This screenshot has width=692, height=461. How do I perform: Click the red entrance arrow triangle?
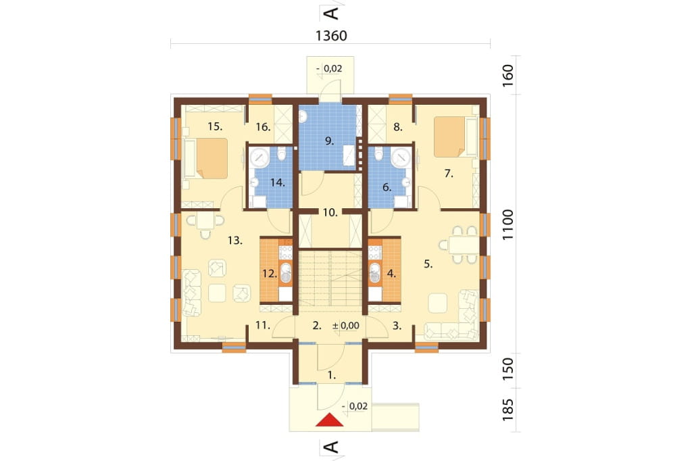[x=329, y=420]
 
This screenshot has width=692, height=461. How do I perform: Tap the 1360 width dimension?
[x=331, y=36]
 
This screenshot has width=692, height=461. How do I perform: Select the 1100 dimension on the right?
[x=508, y=225]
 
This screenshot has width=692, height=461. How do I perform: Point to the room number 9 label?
[x=329, y=141]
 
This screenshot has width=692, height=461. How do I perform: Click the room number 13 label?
[x=235, y=241]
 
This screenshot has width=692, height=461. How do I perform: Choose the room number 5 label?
[x=428, y=264]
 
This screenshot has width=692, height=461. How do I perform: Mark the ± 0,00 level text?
[x=346, y=326]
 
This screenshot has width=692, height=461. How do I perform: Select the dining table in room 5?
[x=464, y=245]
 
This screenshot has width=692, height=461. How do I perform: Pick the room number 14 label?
[x=278, y=183]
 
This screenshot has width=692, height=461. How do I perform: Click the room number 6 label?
[x=387, y=187]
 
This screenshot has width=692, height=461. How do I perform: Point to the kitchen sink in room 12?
[x=286, y=272]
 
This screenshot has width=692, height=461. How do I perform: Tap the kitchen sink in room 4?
[x=374, y=272]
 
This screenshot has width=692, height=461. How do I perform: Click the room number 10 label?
[x=330, y=213]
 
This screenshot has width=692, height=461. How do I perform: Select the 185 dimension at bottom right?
[x=508, y=410]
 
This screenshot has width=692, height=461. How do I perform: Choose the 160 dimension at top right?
[x=508, y=75]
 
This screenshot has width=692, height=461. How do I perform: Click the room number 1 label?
[x=332, y=376]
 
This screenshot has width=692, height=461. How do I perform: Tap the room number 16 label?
[x=263, y=127]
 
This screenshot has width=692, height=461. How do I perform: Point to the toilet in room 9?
[x=303, y=116]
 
